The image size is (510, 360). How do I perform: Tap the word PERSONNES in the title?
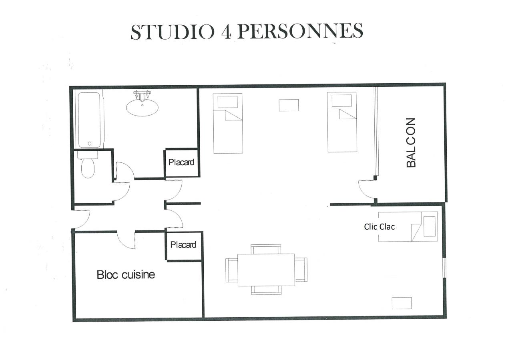tap(300, 32)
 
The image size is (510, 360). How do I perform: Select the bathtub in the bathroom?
tap(89, 120)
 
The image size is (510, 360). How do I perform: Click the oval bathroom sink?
tap(142, 107)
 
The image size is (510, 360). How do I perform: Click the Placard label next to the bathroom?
tap(181, 162)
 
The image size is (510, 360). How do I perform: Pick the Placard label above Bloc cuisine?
tap(183, 245)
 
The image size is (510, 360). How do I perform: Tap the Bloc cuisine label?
tap(126, 275)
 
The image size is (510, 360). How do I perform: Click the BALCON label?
tap(411, 142)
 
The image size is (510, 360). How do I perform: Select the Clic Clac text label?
tap(379, 226)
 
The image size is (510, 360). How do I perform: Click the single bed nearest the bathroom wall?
tap(228, 123)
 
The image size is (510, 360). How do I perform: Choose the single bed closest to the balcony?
tap(342, 122)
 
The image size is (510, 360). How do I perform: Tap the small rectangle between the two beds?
tap(289, 105)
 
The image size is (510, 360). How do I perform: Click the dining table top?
tap(266, 270)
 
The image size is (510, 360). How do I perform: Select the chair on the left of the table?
tap(232, 270)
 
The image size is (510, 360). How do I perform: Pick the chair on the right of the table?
tap(301, 270)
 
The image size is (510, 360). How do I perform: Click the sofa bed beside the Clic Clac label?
tap(408, 227)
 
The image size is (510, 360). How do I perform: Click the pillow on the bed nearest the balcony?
tap(341, 101)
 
